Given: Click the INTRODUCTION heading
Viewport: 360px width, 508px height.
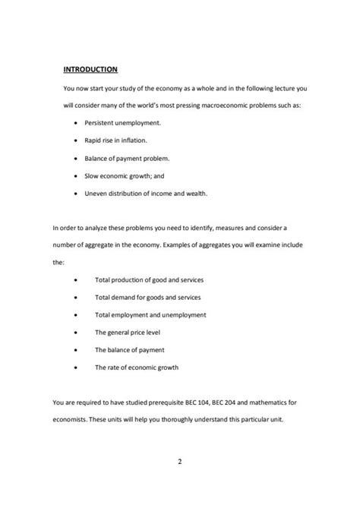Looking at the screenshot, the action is (90, 69).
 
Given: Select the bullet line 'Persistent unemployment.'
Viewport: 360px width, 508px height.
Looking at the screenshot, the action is (122, 122).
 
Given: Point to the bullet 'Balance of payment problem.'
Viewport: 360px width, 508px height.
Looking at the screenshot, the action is (127, 158).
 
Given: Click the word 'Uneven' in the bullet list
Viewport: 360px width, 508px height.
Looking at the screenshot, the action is (96, 193).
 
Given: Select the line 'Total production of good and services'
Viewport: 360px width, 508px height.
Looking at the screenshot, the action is (149, 279).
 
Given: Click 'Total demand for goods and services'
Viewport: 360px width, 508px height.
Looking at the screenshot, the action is (147, 297).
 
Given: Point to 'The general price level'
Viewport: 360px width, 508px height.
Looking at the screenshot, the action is (127, 332).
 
